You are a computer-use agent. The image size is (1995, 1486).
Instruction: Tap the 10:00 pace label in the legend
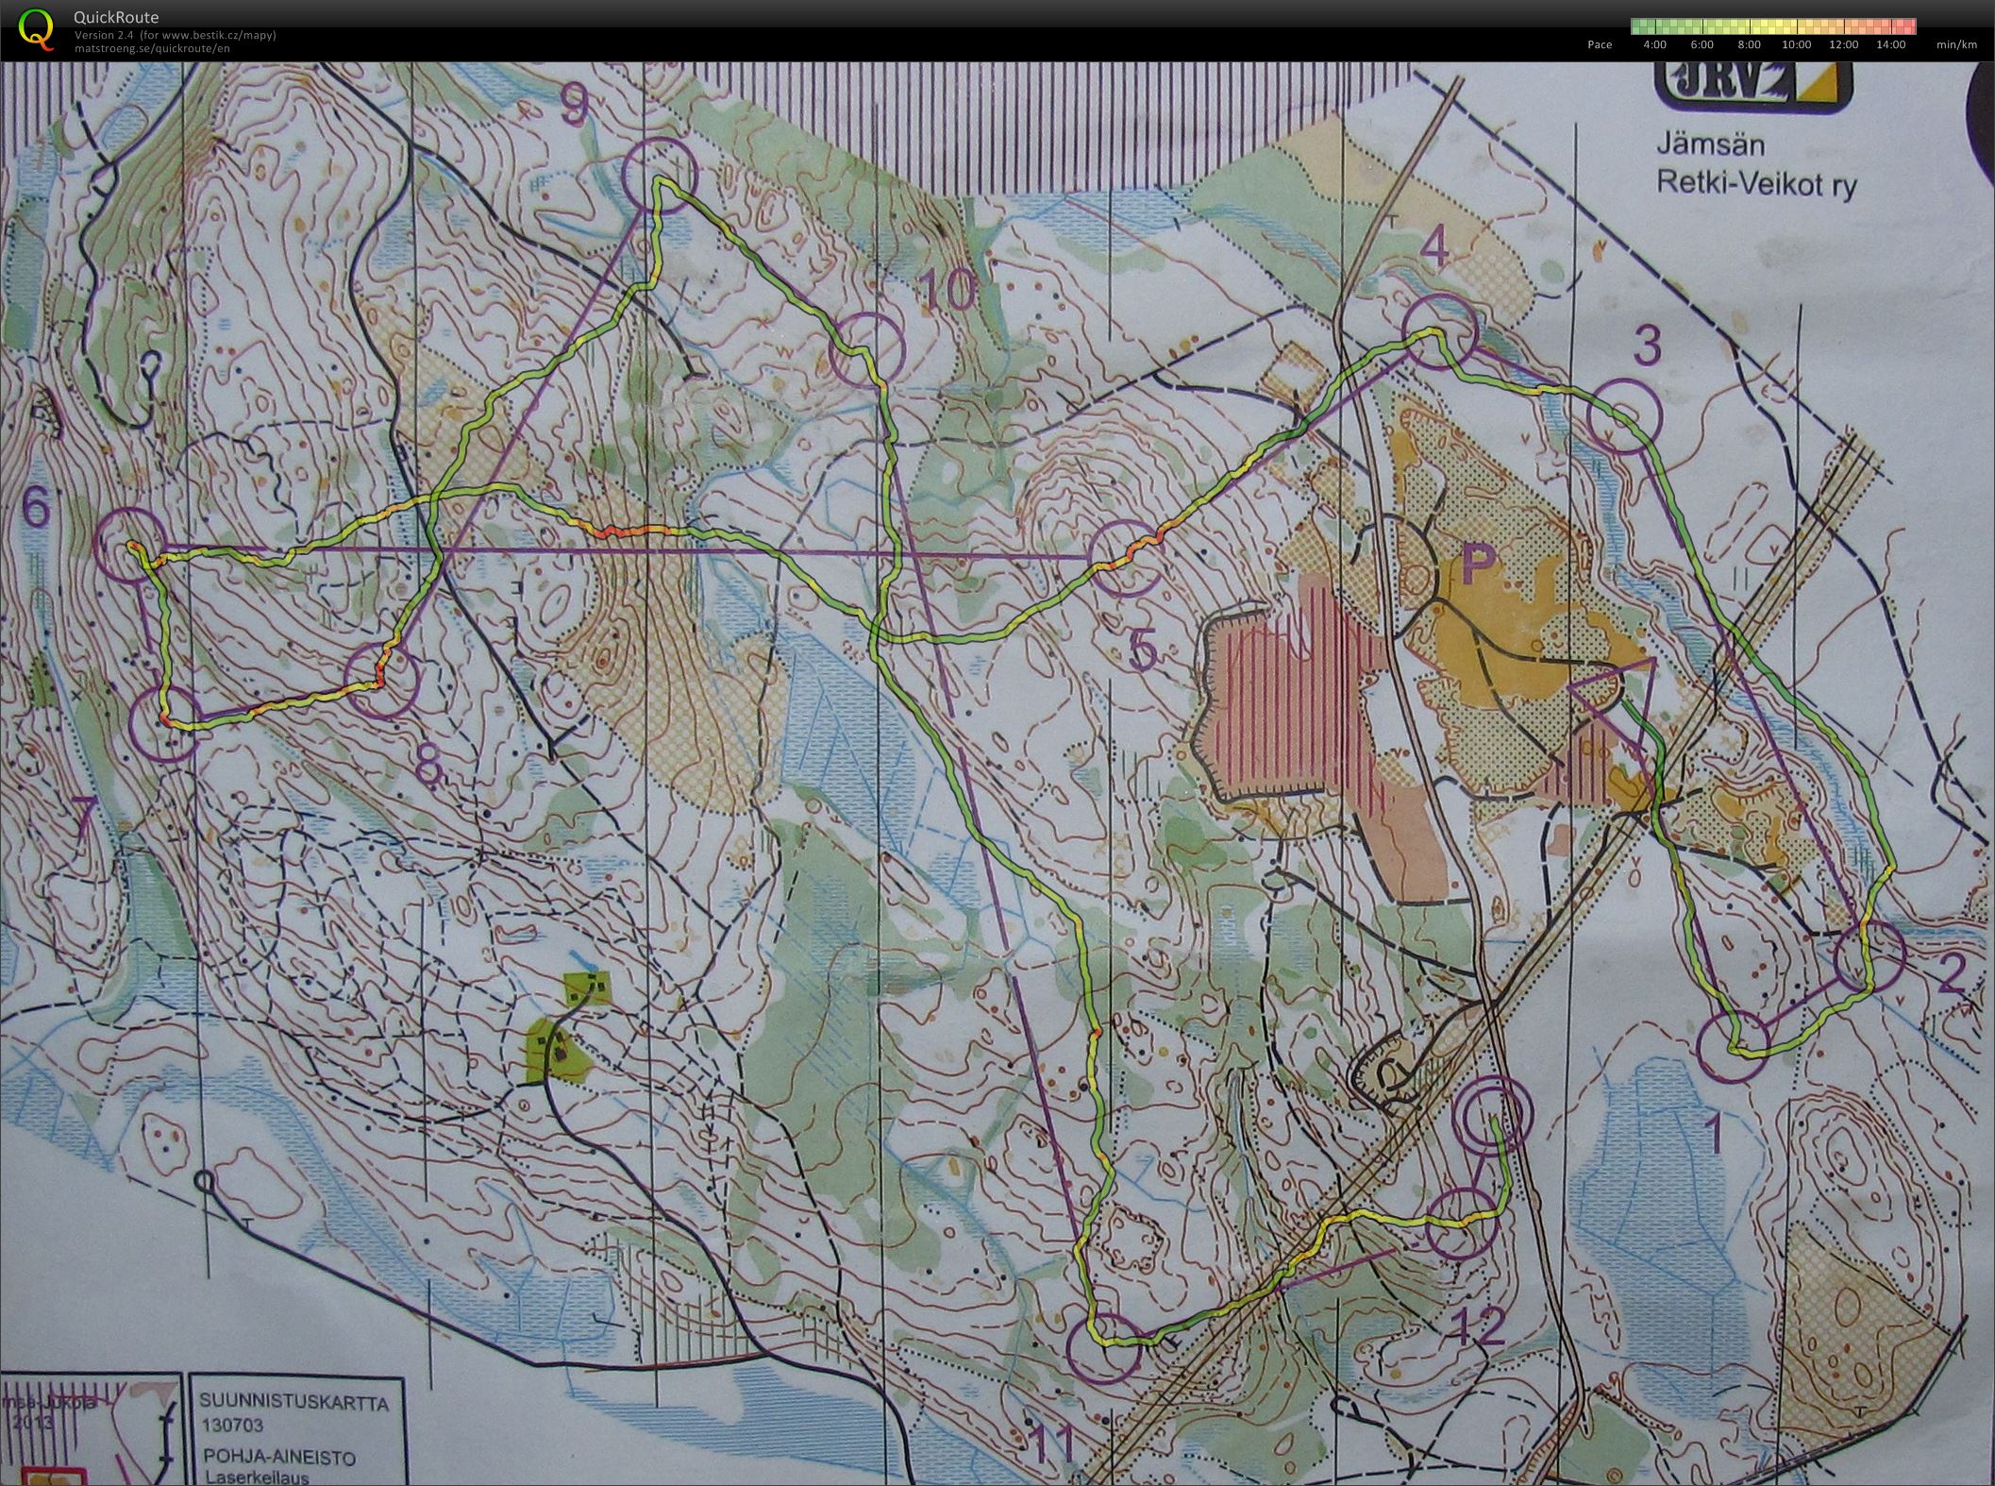click(1796, 44)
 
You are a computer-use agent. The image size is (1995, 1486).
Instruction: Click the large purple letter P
click(1479, 564)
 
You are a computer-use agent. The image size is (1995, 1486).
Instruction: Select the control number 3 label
click(1646, 346)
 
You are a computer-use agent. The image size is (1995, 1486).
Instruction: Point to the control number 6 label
click(35, 510)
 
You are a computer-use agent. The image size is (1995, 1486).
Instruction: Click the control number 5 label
click(1141, 651)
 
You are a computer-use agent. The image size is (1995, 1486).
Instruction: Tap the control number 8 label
click(427, 768)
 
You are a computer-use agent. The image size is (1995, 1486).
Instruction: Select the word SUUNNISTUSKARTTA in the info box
click(293, 1403)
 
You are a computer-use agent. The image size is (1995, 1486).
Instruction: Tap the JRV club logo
click(1752, 88)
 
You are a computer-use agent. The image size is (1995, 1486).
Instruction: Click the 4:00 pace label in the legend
click(1654, 44)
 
